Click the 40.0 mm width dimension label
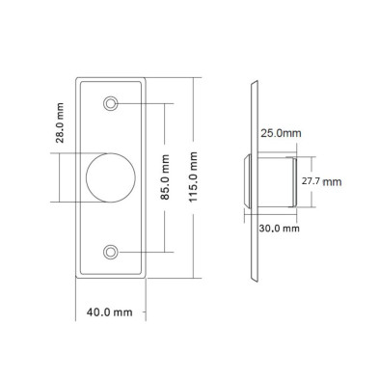(109, 311)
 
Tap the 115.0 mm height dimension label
(193, 177)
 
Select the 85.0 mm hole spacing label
(165, 177)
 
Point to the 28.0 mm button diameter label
(60, 122)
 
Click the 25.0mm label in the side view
(281, 133)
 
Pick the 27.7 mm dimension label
(321, 181)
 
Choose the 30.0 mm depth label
(280, 229)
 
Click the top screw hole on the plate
(110, 103)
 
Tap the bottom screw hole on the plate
(110, 252)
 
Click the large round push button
(111, 177)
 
